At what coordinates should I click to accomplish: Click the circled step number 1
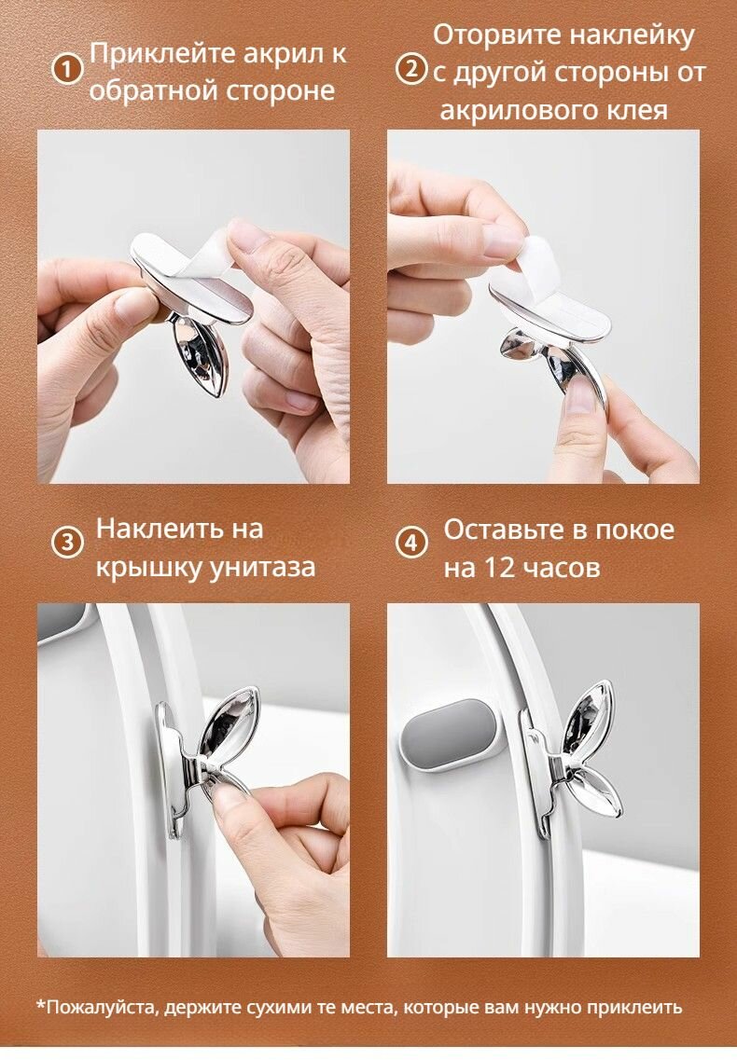click(x=66, y=68)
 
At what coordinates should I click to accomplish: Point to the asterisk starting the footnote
click(x=41, y=1007)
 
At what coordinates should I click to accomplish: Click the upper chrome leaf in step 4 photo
click(x=594, y=718)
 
